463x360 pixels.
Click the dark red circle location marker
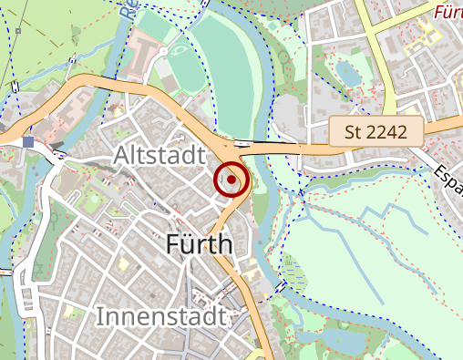point(231,180)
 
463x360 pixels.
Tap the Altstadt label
point(159,157)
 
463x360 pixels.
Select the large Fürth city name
point(200,243)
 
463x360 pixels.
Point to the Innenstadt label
point(159,318)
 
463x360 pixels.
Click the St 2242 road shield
point(376,130)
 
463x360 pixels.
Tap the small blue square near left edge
point(30,141)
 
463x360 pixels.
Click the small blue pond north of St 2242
point(346,72)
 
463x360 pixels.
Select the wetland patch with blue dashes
point(291,270)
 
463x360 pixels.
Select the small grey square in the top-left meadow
point(77,29)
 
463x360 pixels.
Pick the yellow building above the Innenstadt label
point(122,264)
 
